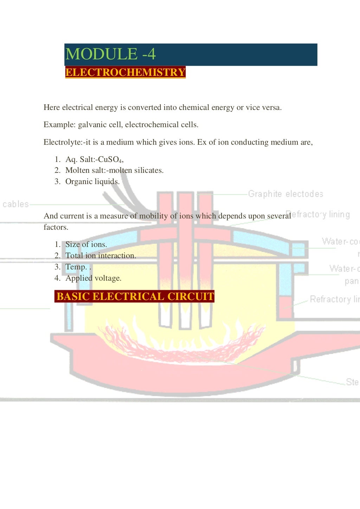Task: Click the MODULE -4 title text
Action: click(110, 54)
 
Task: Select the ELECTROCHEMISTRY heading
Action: click(125, 72)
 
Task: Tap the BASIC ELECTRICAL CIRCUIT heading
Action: click(135, 296)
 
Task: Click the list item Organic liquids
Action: click(92, 182)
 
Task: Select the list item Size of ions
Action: click(86, 244)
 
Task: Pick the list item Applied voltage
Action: click(93, 278)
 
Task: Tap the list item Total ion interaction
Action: click(101, 256)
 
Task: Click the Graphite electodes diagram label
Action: click(285, 194)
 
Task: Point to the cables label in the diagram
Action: click(15, 204)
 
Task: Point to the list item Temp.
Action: click(76, 267)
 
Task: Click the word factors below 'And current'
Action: click(56, 227)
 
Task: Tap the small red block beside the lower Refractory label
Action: click(285, 307)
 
